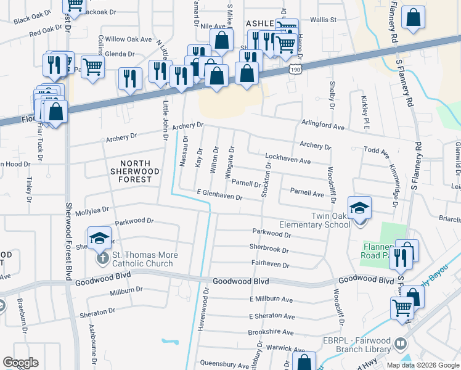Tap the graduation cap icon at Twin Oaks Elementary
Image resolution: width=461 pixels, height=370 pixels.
[359, 208]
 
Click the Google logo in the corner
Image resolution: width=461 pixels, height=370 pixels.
[20, 363]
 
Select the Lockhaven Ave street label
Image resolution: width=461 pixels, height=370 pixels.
[288, 160]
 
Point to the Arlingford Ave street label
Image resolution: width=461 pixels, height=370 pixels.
[322, 124]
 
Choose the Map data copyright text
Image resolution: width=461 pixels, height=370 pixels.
[422, 365]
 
